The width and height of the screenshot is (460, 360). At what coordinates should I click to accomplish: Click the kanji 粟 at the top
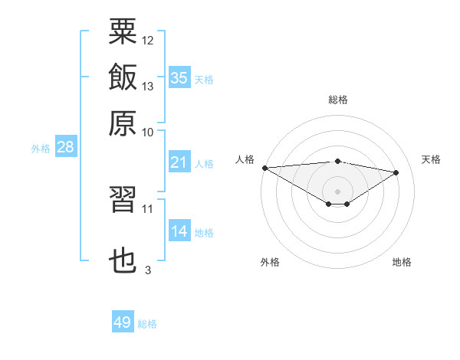[x=123, y=31]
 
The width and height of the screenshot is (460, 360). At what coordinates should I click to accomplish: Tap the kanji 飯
[x=123, y=77]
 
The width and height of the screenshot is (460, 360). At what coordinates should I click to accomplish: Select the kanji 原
[x=123, y=123]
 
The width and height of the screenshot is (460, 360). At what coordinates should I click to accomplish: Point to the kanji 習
[x=123, y=199]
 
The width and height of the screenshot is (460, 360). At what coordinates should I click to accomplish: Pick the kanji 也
[x=123, y=260]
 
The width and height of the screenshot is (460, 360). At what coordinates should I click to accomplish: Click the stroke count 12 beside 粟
[x=147, y=41]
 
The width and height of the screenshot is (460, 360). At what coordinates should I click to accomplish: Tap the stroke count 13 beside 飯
[x=147, y=87]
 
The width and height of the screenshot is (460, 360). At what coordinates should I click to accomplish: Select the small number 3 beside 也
[x=148, y=270]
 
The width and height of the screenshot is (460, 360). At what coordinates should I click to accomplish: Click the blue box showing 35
[x=179, y=77]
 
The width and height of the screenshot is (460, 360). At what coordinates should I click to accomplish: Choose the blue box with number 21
[x=179, y=162]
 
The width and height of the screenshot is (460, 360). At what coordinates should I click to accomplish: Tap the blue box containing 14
[x=179, y=230]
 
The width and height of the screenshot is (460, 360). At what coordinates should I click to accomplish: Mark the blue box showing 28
[x=66, y=146]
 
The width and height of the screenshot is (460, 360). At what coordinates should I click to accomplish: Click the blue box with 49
[x=123, y=321]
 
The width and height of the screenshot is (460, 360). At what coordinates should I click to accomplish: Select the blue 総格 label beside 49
[x=147, y=324]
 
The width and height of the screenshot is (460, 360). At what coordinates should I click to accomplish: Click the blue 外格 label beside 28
[x=41, y=149]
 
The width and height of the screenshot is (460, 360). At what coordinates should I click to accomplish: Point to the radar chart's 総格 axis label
[x=338, y=100]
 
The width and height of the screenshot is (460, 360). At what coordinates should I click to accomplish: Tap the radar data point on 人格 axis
[x=265, y=168]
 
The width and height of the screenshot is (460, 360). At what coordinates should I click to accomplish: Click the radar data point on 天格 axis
[x=396, y=172]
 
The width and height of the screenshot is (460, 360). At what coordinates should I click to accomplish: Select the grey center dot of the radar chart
[x=337, y=191]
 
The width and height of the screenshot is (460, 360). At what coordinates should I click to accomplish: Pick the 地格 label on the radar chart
[x=402, y=262]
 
